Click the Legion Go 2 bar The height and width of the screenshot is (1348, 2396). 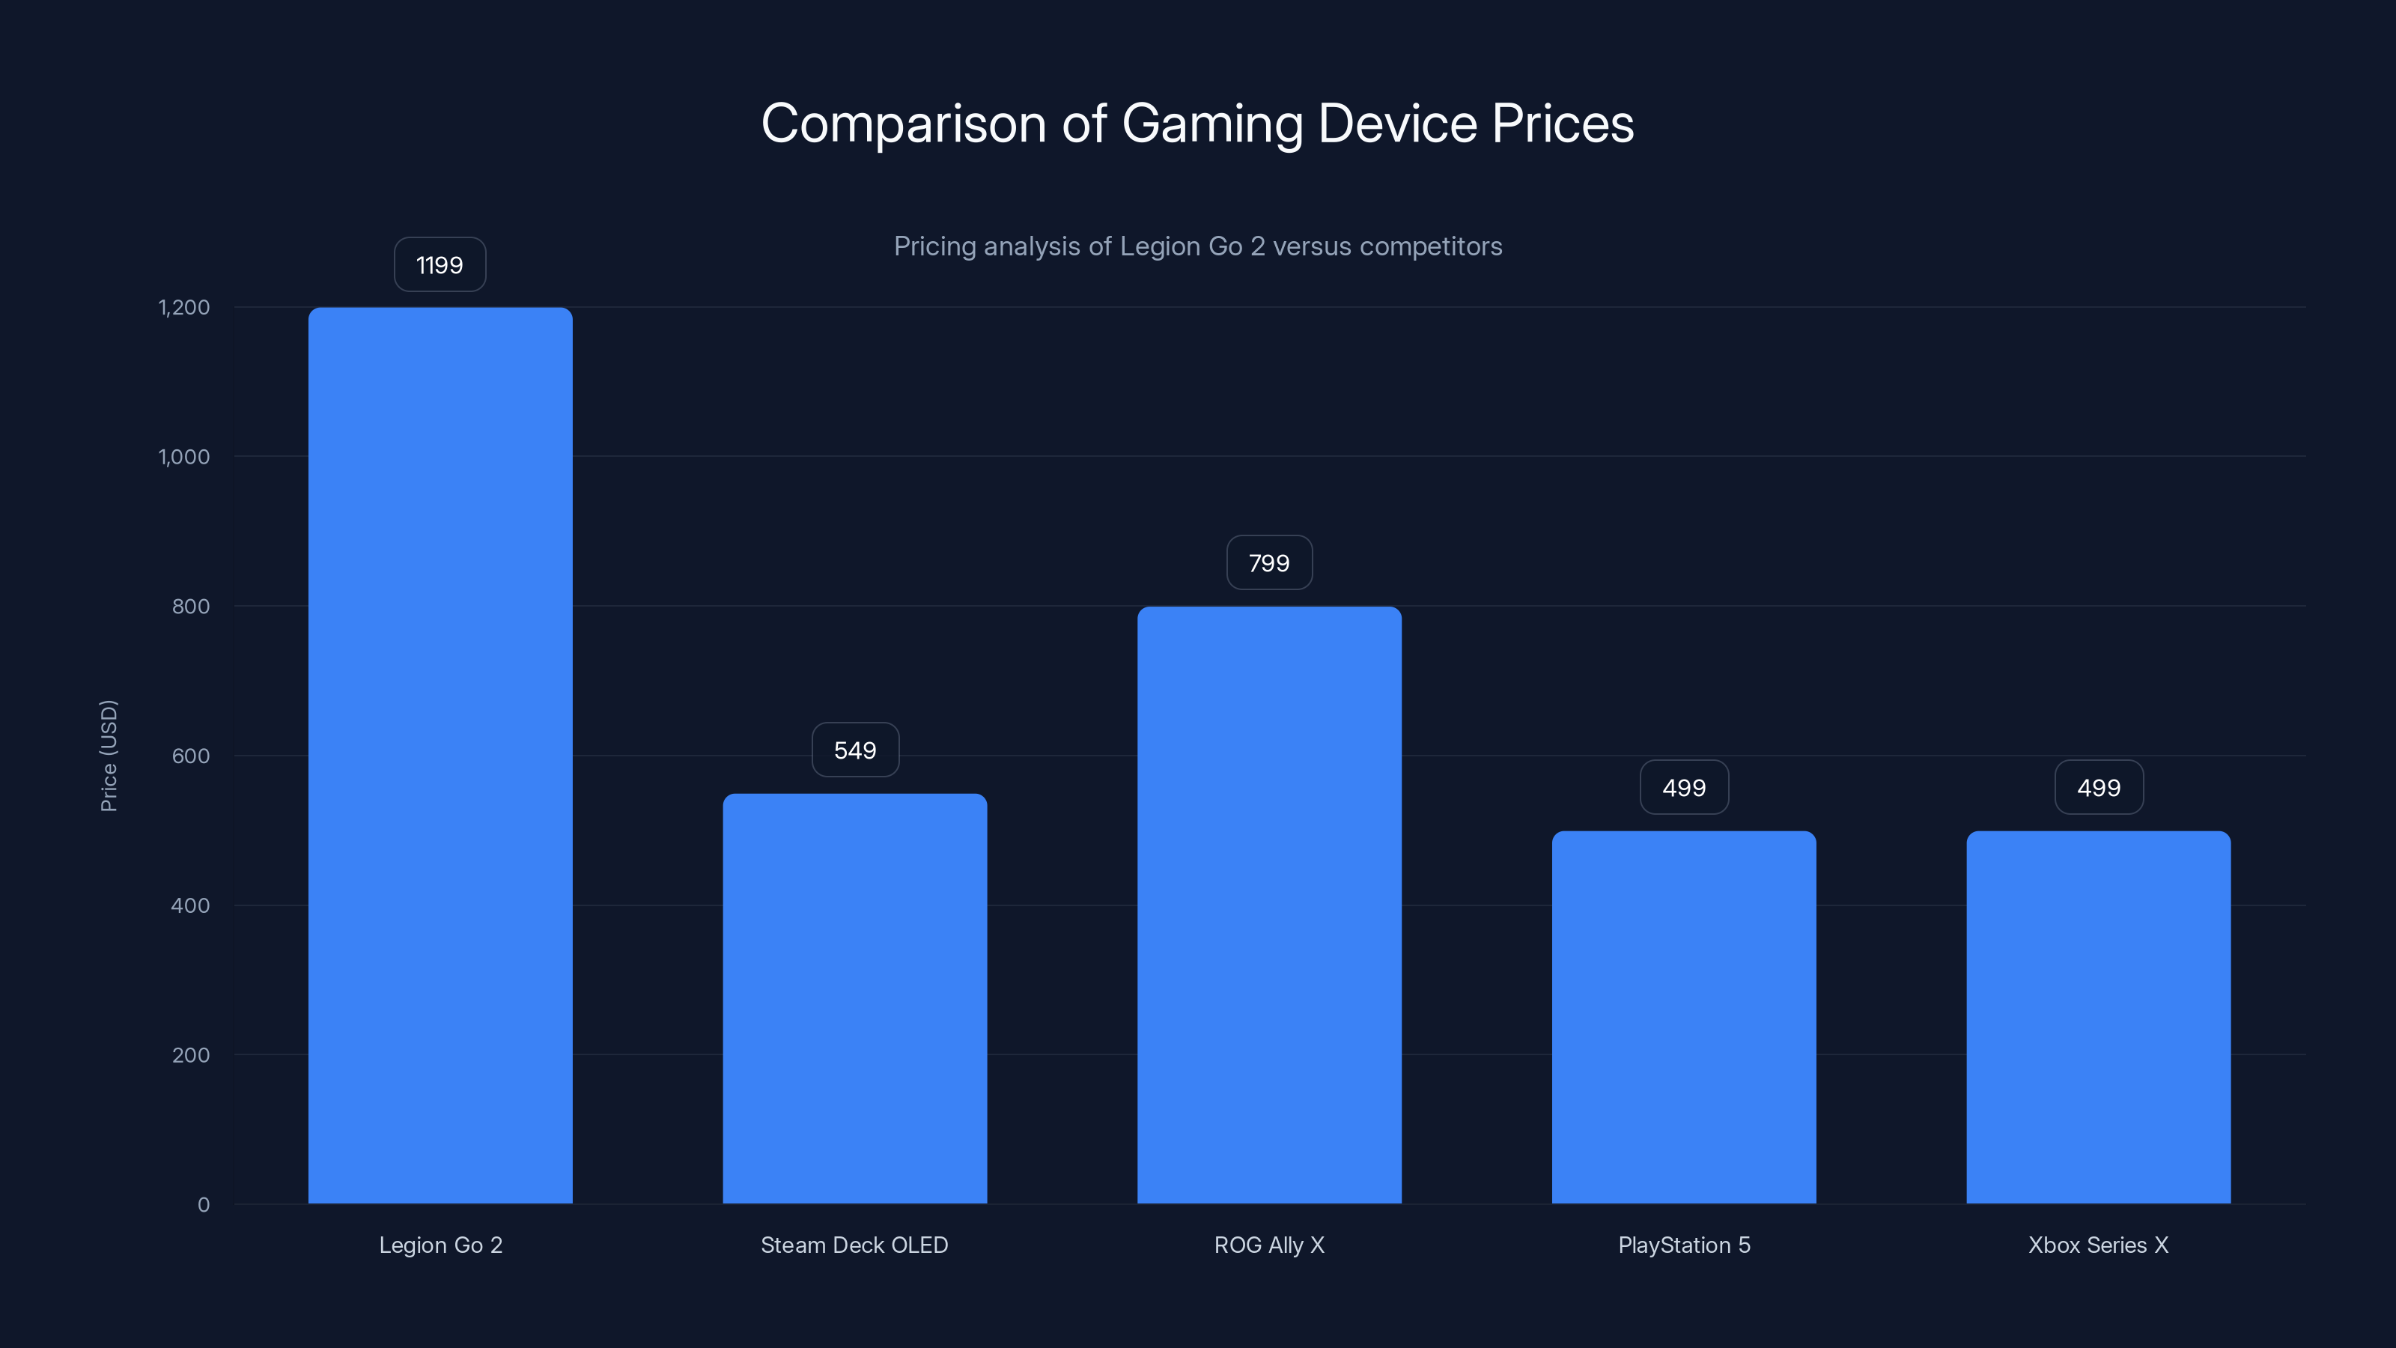pos(440,756)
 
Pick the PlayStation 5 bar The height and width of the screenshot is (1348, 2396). pos(1683,1017)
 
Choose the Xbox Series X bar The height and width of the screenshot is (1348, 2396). pos(2098,1017)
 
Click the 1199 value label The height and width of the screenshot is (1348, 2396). pos(440,265)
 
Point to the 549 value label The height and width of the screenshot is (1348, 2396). pos(855,750)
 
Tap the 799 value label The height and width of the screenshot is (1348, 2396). pos(1268,563)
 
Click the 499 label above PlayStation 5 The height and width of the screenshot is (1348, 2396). pos(1683,788)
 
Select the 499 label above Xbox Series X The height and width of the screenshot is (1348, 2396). pos(2098,788)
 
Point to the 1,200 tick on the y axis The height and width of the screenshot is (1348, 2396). pos(184,307)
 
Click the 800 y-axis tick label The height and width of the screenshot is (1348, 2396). pos(191,607)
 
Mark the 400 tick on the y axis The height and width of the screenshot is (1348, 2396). pos(191,905)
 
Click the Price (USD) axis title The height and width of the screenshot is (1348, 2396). pos(109,756)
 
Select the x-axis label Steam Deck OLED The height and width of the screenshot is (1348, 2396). pos(854,1245)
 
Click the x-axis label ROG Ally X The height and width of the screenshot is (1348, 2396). pos(1268,1245)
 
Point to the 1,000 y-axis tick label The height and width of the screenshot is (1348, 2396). pos(184,457)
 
